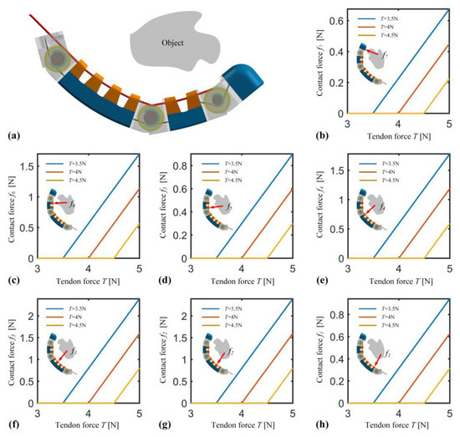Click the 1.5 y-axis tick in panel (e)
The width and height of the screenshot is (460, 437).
point(339,170)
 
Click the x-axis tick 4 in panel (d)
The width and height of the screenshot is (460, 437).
point(242,268)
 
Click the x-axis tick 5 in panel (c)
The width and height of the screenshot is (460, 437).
point(138,268)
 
